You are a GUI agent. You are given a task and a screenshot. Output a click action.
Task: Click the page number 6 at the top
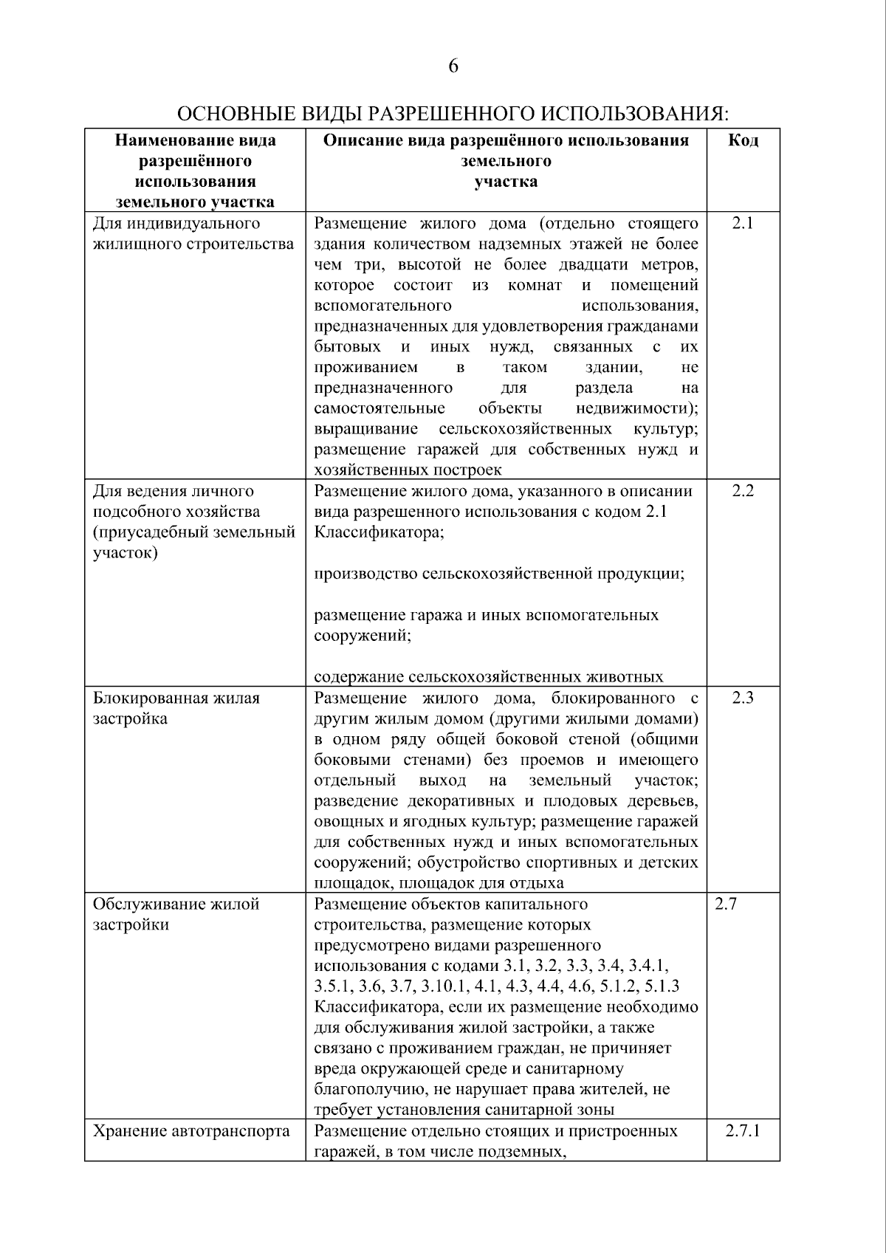[x=453, y=66]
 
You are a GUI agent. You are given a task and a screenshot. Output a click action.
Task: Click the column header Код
[x=743, y=140]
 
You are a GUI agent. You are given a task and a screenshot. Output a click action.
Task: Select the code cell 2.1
[x=743, y=223]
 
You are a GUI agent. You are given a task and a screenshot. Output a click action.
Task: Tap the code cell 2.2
[x=743, y=491]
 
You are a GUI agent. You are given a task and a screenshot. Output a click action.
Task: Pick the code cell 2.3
[x=743, y=698]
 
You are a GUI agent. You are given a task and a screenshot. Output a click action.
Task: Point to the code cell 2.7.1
[x=743, y=1131]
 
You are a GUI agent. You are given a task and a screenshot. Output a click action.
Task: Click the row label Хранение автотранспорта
[x=191, y=1131]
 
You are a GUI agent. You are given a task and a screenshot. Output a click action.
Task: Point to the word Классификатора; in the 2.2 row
[x=379, y=532]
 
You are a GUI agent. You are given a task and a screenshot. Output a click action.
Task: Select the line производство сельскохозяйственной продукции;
[x=499, y=574]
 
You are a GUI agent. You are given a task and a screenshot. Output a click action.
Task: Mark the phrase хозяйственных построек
[x=408, y=470]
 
